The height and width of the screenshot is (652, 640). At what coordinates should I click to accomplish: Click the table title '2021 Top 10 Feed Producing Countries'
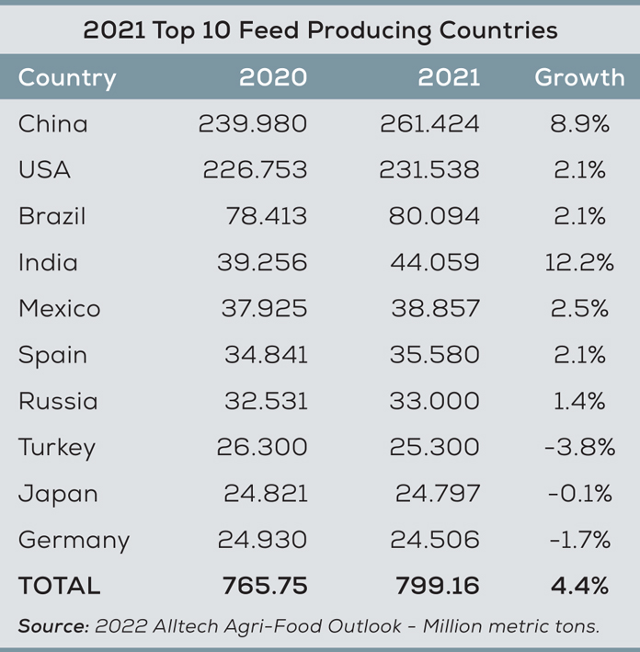[x=320, y=30]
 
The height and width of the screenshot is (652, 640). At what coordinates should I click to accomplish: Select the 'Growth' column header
[x=579, y=77]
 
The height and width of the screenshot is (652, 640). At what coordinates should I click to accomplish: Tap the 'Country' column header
[x=67, y=78]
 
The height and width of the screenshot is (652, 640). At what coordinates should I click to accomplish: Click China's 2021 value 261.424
[x=429, y=124]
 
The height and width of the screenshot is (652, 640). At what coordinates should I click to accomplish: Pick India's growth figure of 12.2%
[x=579, y=263]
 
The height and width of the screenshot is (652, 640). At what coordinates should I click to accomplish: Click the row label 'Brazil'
[x=52, y=217]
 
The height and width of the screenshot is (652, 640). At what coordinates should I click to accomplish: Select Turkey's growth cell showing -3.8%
[x=579, y=448]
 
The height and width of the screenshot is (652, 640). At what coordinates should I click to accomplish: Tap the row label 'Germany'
[x=74, y=541]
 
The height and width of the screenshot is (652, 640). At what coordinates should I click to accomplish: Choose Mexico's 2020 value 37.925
[x=264, y=309]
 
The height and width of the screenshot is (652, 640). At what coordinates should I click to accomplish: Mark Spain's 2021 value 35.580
[x=435, y=355]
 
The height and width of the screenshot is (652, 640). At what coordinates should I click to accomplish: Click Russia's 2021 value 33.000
[x=435, y=402]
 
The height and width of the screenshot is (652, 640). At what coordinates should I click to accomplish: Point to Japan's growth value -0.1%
[x=579, y=494]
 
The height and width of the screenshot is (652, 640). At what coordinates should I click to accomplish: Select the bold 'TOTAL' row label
[x=59, y=586]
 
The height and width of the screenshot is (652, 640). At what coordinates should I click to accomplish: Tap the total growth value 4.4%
[x=579, y=586]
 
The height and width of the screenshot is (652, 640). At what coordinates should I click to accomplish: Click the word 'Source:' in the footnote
[x=53, y=626]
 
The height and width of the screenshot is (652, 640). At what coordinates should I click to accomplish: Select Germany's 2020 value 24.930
[x=262, y=541]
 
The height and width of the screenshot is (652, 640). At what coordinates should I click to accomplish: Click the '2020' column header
[x=273, y=77]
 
